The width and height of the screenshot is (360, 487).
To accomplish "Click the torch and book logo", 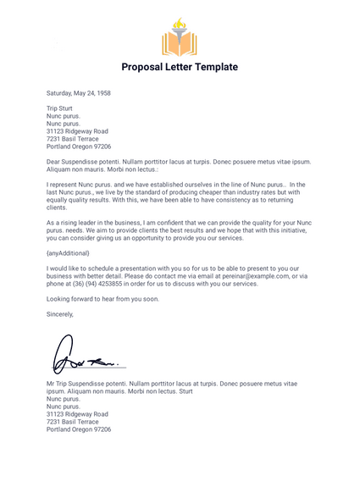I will pyautogui.click(x=179, y=38).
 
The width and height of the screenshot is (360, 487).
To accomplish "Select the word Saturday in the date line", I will pyautogui.click(x=61, y=93).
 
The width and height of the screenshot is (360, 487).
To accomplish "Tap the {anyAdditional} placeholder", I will pyautogui.click(x=68, y=252).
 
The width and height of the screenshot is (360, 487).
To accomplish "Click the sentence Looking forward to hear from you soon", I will pyautogui.click(x=102, y=299).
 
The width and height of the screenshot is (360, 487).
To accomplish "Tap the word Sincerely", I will pyautogui.click(x=60, y=314).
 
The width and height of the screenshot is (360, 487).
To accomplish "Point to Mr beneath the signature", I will pyautogui.click(x=51, y=384).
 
